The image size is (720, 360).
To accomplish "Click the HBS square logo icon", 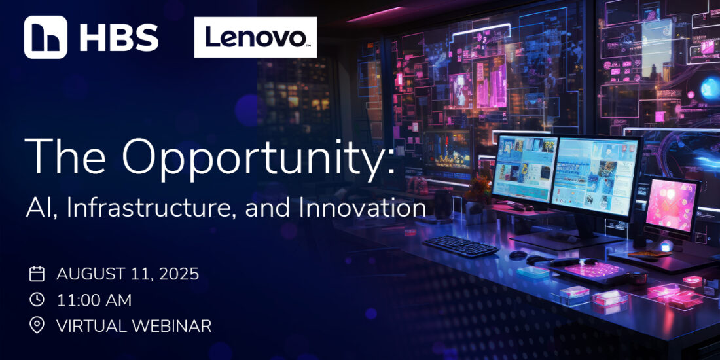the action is pos(45,37).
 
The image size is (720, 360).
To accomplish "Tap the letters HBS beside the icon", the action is pos(119,38).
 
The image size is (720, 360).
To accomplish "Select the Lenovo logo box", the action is pos(255,37).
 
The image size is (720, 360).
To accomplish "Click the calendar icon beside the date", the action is pos(37,274).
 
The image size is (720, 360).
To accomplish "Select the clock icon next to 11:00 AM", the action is pos(37,299).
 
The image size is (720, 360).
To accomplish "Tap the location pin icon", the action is pos(37,325).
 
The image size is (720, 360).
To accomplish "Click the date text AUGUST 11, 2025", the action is pos(128,274).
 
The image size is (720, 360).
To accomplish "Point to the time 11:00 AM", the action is pos(94,300).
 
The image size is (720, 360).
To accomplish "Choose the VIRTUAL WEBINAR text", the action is pos(134,326).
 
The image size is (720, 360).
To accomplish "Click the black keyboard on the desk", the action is pos(460,246).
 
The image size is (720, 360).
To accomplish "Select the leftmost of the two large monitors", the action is pos(524,169).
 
